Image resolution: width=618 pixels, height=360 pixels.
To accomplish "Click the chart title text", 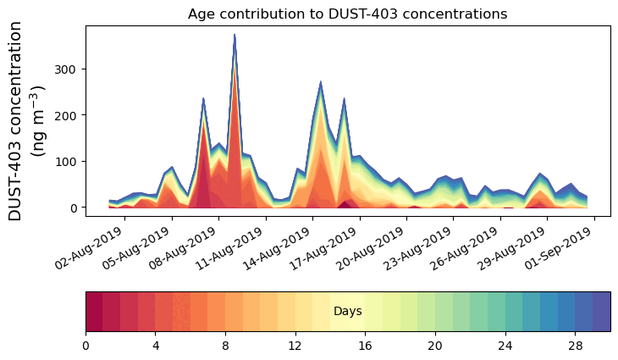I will coord(347,14).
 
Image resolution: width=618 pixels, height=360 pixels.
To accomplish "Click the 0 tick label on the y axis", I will coord(75,208).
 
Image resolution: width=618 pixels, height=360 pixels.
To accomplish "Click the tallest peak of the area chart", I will coord(235,36).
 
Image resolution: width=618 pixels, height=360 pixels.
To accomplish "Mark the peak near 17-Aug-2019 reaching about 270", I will coord(321,82).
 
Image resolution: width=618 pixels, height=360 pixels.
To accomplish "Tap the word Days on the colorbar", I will coord(348,312).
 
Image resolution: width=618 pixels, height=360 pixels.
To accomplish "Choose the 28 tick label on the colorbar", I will coord(576,346).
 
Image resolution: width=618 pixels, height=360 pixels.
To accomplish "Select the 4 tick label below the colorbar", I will coord(156,346).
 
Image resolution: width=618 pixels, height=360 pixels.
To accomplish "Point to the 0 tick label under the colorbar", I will coord(86,346).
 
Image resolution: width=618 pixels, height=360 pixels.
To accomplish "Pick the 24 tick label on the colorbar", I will coord(505,346).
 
